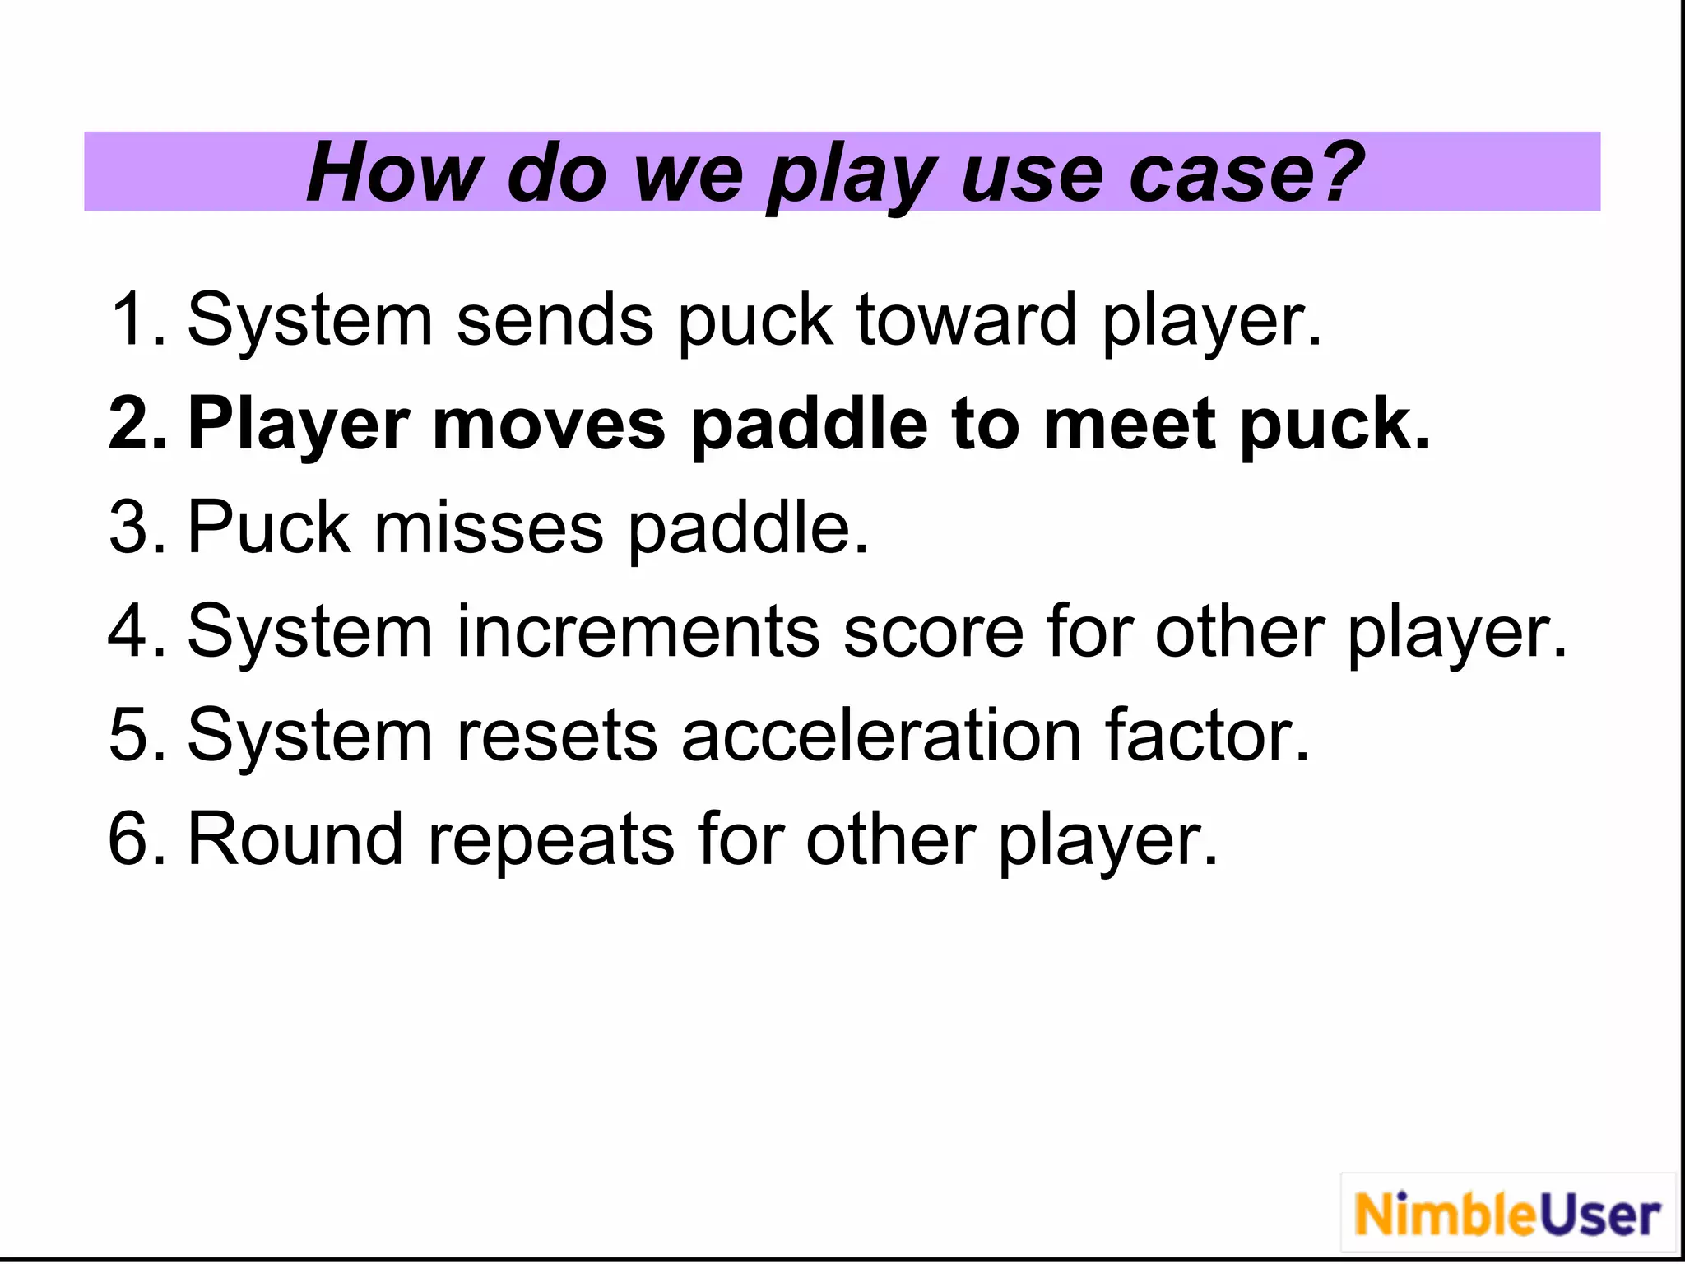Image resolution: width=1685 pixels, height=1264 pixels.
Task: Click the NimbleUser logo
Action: (x=1507, y=1215)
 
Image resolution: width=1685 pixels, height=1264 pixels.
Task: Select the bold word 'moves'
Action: (x=549, y=423)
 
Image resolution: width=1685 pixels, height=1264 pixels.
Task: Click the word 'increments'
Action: (x=638, y=631)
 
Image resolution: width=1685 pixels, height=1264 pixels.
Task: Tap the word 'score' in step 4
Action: (x=934, y=631)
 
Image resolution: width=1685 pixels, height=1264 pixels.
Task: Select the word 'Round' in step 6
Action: (x=295, y=839)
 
